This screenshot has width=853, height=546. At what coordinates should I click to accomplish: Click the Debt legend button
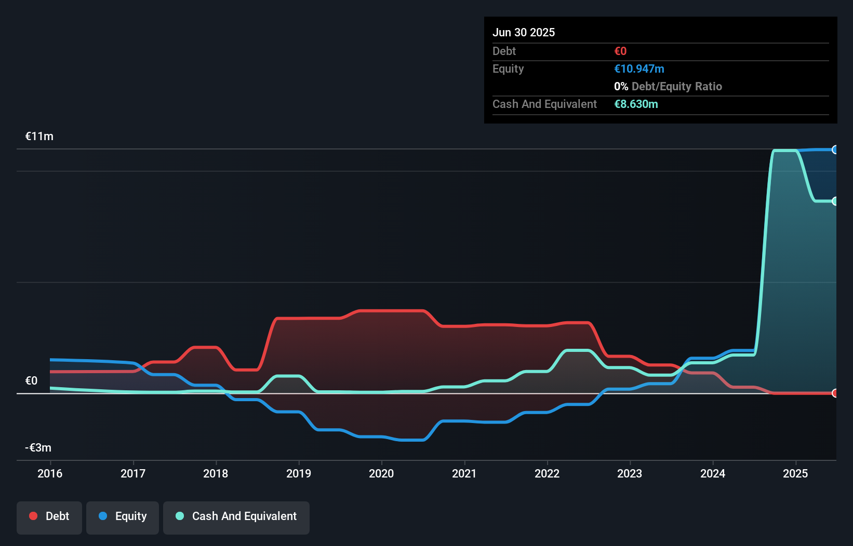(49, 516)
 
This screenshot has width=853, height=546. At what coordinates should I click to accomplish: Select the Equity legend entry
(123, 516)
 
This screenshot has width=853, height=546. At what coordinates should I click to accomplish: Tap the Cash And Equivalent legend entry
(236, 516)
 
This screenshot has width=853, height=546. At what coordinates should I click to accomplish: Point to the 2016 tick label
(50, 473)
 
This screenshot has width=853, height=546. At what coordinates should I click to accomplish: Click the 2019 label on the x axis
(299, 473)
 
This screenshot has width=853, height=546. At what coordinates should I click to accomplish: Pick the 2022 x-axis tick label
(547, 473)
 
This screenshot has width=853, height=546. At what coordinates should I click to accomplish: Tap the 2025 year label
(795, 473)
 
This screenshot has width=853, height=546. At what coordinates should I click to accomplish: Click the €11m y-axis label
(39, 136)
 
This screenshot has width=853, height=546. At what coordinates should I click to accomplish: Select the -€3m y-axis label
(38, 448)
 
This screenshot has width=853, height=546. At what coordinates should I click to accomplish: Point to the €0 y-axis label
(32, 381)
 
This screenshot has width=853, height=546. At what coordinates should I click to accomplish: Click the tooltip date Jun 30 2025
(524, 32)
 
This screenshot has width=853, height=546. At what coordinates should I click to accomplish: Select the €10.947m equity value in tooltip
(639, 69)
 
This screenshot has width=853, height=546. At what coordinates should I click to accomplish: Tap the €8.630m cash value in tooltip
(636, 104)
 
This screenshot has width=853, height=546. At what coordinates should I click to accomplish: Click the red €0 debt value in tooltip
(620, 51)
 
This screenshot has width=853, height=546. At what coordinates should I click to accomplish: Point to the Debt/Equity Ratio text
(676, 87)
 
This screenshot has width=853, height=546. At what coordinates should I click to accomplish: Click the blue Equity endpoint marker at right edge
(835, 150)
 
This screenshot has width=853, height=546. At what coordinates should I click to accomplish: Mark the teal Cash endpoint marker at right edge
(835, 201)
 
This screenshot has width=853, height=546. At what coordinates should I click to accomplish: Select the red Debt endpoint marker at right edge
(835, 393)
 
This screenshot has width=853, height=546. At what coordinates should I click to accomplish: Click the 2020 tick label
(381, 473)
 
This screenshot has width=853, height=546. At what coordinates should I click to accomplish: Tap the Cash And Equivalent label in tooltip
(544, 104)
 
